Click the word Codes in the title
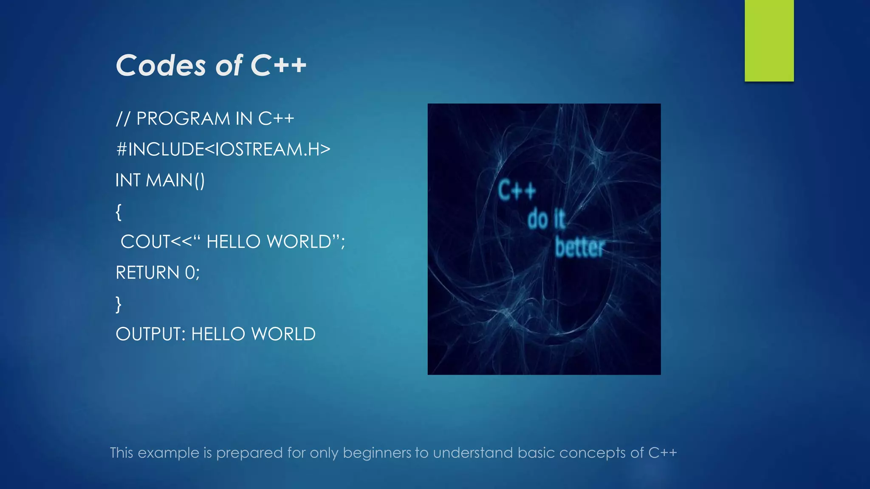161,66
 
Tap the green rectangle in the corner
769,40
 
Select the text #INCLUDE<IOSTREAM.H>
223,149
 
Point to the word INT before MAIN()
127,180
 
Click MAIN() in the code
175,180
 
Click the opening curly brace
119,211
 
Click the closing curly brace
119,304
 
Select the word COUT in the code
145,242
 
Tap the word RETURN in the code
147,273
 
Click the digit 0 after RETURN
189,273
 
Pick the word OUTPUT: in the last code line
150,334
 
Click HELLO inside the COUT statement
233,242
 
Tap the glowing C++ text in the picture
517,191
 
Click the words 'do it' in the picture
546,219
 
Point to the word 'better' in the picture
579,247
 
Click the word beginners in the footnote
377,453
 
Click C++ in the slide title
278,66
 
